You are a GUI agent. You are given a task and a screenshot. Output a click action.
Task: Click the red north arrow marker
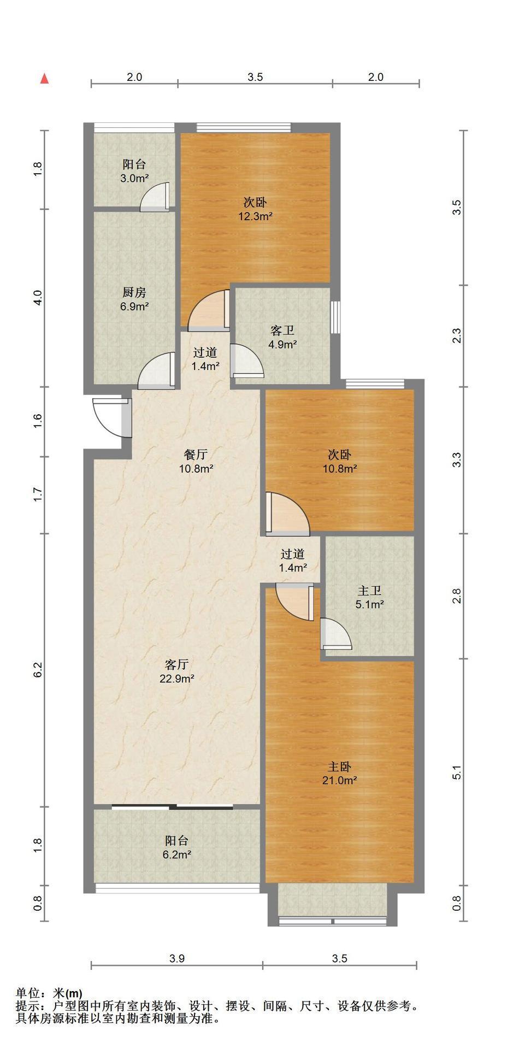(45, 79)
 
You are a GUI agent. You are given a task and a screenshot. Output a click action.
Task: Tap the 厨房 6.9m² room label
(134, 299)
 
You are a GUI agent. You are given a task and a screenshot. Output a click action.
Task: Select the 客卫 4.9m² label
(282, 337)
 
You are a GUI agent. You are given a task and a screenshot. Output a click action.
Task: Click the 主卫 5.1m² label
(369, 597)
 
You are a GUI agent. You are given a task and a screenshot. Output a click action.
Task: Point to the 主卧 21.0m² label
(339, 773)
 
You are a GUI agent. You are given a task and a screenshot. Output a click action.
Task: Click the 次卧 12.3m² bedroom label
(255, 209)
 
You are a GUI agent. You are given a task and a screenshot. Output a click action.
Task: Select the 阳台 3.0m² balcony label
(134, 170)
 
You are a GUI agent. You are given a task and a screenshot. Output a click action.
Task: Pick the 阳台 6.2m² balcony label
(177, 847)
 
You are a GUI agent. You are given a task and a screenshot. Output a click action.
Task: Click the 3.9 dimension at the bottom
(177, 958)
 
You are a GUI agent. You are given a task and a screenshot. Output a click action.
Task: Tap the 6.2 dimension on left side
(38, 670)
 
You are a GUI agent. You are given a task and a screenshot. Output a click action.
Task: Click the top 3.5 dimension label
(255, 77)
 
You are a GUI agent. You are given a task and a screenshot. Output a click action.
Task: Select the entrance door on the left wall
(113, 418)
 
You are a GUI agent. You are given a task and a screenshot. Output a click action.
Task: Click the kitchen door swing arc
(155, 370)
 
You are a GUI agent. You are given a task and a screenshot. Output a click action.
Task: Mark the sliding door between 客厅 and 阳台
(173, 806)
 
